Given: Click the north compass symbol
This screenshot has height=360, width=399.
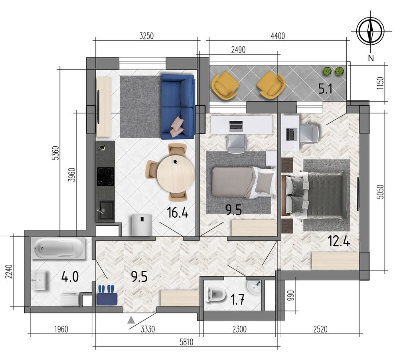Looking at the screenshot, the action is (371, 31).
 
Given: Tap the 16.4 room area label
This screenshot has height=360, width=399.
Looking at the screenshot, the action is (178, 212).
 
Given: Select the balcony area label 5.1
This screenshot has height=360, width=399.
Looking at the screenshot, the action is (325, 89).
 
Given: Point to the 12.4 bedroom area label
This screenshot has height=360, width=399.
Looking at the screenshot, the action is (339, 241).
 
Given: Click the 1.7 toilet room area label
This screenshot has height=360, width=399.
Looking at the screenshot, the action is (237, 300).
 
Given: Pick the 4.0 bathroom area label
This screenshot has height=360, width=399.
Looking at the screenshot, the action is (70, 277).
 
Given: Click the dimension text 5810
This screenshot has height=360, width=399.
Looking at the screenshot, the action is (186, 342).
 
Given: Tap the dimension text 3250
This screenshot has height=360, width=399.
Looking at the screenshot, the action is (146, 36).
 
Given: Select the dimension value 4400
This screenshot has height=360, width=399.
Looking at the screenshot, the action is (278, 36).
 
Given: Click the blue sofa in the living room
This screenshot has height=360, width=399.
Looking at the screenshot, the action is (178, 106).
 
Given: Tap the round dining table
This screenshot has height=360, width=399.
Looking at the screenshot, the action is (176, 174).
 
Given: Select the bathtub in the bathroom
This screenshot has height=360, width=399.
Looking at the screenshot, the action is (59, 248).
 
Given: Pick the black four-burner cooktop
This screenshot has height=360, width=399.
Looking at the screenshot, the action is (105, 177).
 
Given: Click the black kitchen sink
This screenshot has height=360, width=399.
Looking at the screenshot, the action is (105, 210).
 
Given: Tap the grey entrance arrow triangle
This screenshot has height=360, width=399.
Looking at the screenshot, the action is (131, 320).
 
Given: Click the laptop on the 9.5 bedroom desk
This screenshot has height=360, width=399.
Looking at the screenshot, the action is (236, 126).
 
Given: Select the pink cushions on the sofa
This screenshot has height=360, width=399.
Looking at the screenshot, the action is (178, 127).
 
